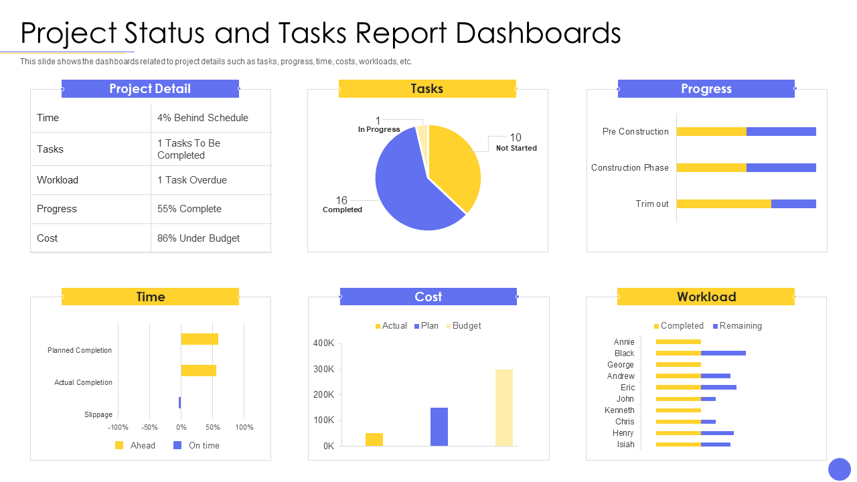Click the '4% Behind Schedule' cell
point(203,118)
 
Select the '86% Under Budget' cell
point(198,238)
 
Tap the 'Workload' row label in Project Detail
point(58,180)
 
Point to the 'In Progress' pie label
point(379,129)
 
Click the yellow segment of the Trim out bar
point(723,204)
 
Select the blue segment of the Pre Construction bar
point(781,131)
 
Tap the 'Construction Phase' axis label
point(629,167)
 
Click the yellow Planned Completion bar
point(200,339)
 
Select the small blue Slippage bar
point(179,402)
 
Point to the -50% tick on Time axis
point(149,427)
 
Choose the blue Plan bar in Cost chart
point(439,426)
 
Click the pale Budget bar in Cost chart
point(504,407)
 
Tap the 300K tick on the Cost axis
point(323,369)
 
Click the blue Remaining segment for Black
point(723,353)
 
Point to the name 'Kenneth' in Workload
point(619,410)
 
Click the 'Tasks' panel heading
point(427,89)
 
